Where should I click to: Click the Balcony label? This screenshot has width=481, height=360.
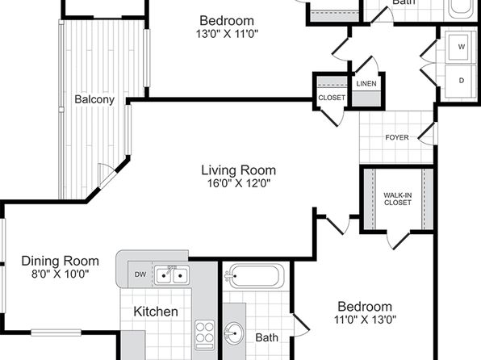[x=94, y=99]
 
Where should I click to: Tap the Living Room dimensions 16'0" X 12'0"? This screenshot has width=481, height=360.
[x=239, y=183]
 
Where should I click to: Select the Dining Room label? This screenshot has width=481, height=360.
[x=60, y=262]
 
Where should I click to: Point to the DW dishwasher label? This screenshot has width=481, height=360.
[x=140, y=274]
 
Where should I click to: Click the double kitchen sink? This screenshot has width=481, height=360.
[x=172, y=275]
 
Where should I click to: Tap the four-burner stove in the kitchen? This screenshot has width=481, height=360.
[x=205, y=335]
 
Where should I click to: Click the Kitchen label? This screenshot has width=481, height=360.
[x=156, y=312]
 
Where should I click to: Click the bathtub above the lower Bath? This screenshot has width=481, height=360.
[x=254, y=276]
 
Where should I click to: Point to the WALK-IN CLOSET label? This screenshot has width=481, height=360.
[x=398, y=199]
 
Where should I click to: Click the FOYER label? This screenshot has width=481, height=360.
[x=397, y=137]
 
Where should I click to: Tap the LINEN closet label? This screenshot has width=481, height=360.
[x=366, y=83]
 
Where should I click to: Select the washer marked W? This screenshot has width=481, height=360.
[x=461, y=46]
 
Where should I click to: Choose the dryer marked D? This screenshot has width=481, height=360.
[x=461, y=81]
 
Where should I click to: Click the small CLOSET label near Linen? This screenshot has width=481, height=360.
[x=332, y=98]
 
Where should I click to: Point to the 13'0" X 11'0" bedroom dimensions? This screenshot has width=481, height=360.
[x=227, y=33]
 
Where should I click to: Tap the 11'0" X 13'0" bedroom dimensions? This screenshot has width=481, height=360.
[x=365, y=320]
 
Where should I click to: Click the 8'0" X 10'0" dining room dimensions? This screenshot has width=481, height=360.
[x=60, y=274]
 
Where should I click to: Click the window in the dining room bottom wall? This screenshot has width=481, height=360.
[x=56, y=333]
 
